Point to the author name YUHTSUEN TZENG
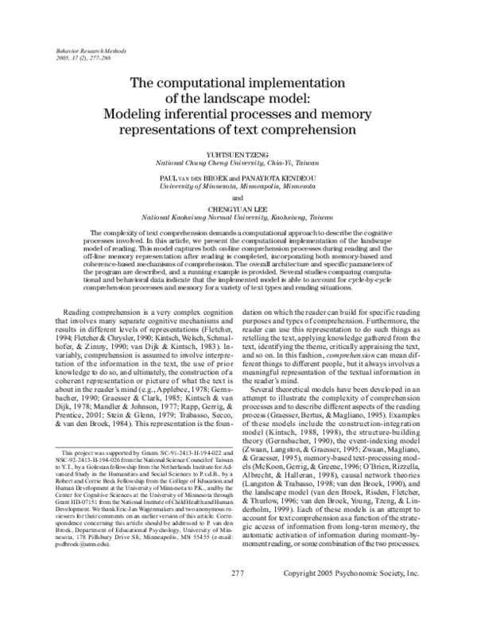click(238, 156)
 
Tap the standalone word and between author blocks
click(238, 196)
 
